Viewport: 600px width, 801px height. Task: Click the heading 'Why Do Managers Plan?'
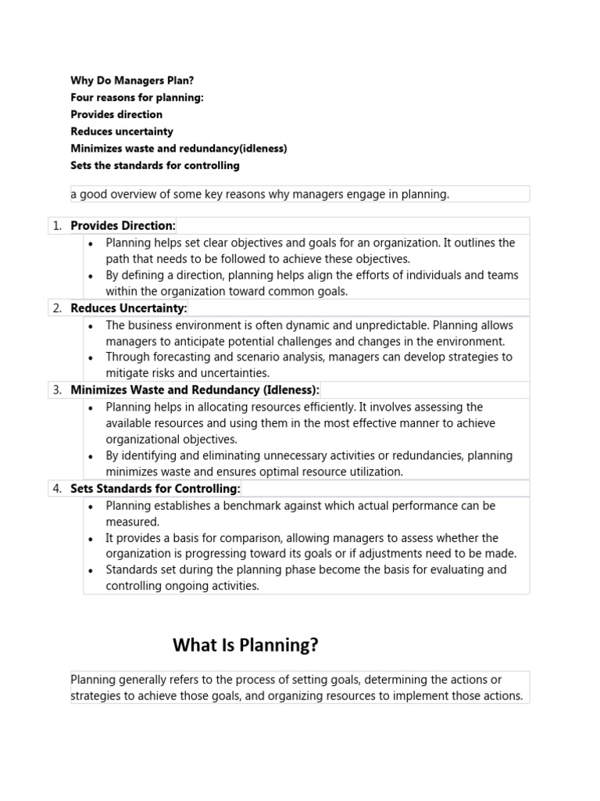132,80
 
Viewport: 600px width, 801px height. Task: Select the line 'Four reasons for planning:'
137,97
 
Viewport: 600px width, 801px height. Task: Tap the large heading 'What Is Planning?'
245,645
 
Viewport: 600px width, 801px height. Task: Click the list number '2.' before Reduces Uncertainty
57,308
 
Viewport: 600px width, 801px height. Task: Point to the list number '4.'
57,489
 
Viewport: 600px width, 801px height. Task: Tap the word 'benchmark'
258,505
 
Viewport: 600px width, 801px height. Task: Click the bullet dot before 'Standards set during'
91,570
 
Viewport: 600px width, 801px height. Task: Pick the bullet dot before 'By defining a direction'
91,275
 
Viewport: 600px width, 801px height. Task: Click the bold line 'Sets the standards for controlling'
155,165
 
